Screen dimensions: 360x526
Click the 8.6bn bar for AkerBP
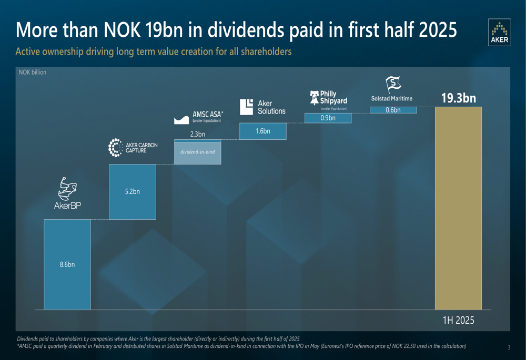(x=67, y=264)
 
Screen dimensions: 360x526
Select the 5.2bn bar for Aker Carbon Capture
(x=132, y=192)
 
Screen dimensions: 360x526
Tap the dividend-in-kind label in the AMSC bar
(x=197, y=152)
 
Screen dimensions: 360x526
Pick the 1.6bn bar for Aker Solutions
(x=262, y=131)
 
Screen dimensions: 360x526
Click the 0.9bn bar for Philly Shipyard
(x=328, y=118)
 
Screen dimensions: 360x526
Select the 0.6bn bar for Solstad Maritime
(x=393, y=110)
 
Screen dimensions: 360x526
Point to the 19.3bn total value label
(x=458, y=98)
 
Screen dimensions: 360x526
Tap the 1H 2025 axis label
(x=458, y=320)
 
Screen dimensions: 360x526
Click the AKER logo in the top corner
(x=499, y=33)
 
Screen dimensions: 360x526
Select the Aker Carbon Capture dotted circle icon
(x=115, y=148)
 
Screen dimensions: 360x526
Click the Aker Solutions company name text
(x=271, y=107)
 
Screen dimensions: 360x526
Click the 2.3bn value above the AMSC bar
(x=197, y=134)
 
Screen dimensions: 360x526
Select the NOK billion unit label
(x=33, y=72)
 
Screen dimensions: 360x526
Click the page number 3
(x=509, y=347)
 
